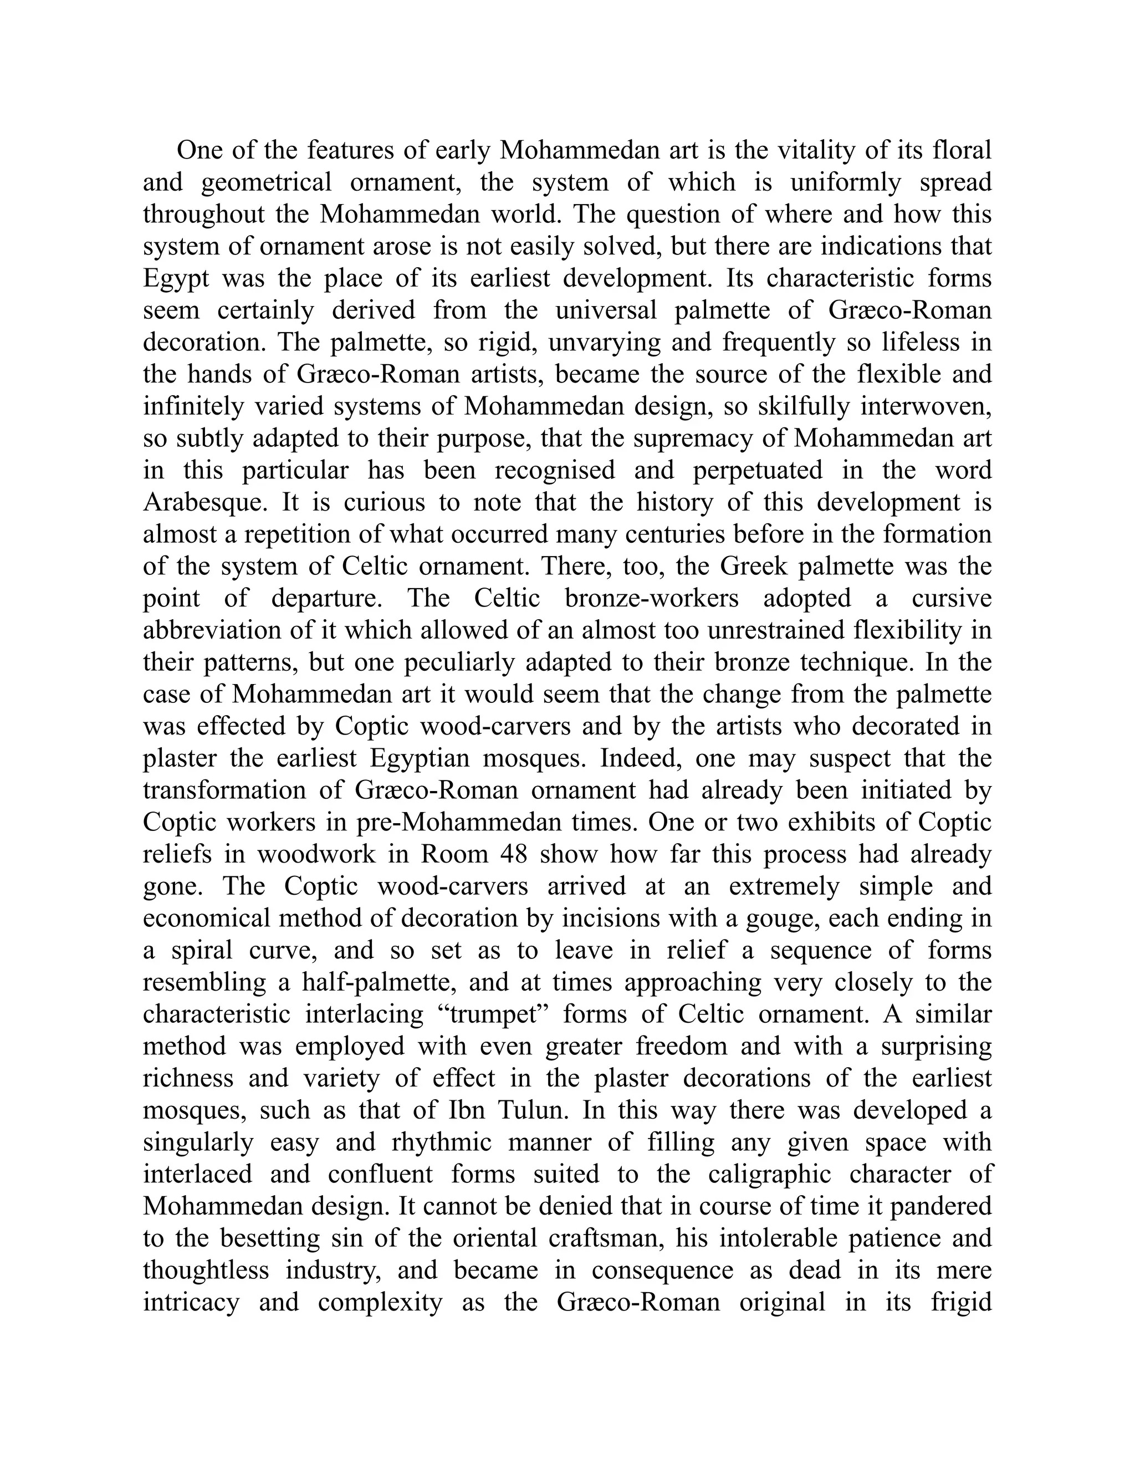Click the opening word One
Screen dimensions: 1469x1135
(199, 150)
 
